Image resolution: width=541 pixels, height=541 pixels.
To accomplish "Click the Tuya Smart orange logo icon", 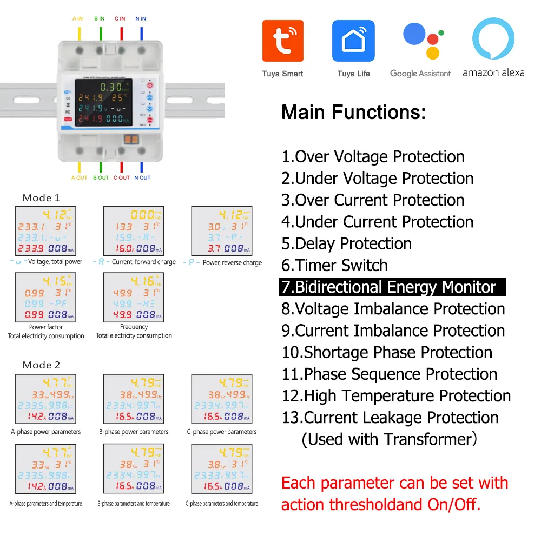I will (x=282, y=41).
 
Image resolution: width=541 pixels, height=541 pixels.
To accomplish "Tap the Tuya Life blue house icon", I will (x=353, y=41).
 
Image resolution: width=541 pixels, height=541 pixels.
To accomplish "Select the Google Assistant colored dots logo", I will (x=420, y=41).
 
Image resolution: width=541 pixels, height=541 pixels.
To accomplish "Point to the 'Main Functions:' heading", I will (x=353, y=113).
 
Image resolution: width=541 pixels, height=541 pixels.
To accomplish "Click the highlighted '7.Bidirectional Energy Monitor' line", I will (x=392, y=287).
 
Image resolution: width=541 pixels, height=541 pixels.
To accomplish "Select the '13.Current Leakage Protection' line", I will (x=390, y=417).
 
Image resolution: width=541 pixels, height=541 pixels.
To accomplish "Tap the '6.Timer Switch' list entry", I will (x=334, y=265).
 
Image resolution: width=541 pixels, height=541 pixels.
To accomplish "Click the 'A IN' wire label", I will (x=77, y=19).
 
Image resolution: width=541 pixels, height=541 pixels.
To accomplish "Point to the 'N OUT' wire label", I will (x=142, y=177).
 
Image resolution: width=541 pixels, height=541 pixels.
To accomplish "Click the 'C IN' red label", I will (x=120, y=19).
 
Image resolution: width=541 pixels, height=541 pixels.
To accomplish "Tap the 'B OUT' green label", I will (x=101, y=177).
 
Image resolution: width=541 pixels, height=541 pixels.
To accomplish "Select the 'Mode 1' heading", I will (x=41, y=198).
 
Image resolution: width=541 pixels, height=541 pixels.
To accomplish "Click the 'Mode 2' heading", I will (x=41, y=365).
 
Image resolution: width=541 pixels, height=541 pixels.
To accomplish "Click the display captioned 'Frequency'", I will (x=134, y=297).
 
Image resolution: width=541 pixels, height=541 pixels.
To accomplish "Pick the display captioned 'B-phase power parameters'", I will (x=134, y=399).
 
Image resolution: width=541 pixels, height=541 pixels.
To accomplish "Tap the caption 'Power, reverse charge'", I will (x=232, y=262).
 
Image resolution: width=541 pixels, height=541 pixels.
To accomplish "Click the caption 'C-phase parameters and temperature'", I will (x=222, y=504).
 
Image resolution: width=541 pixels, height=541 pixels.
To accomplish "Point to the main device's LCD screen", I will (x=103, y=102).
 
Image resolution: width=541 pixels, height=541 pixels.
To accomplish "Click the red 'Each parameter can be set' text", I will (x=395, y=483).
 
